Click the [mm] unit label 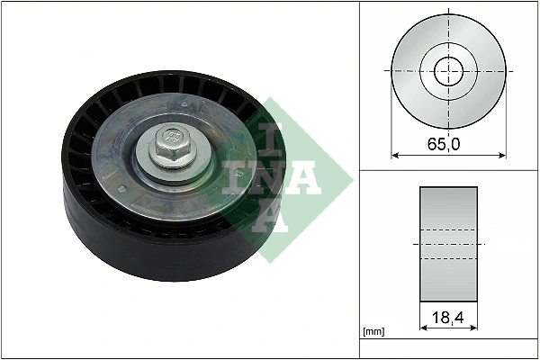coord(373,332)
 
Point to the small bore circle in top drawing coord(448,70)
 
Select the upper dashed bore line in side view coord(448,231)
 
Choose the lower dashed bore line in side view coord(448,259)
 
